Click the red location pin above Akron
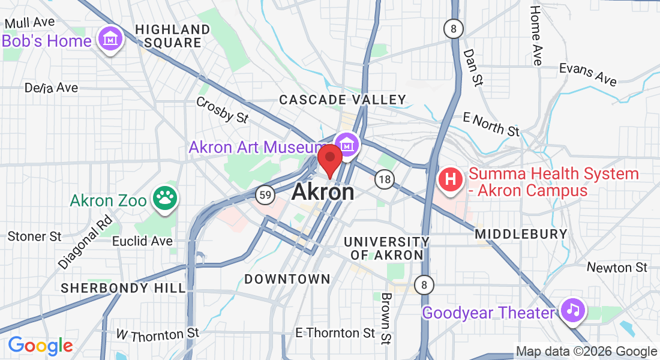coord(329,159)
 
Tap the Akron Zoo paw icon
coord(164,200)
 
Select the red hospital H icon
coord(452,179)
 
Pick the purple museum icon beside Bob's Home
coord(111,40)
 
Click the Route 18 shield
coord(385,179)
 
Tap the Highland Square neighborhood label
coord(172,36)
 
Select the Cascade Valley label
coord(343,100)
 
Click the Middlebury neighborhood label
coord(521,234)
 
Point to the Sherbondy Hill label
coord(124,288)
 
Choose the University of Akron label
coord(386,248)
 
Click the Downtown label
coord(287,279)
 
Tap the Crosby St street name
coord(223,109)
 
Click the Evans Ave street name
coord(588,74)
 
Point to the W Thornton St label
coord(157,334)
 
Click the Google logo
coord(40,346)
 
